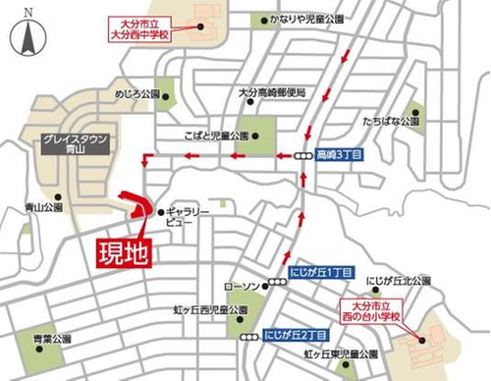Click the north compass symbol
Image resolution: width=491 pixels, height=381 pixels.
(x=26, y=37)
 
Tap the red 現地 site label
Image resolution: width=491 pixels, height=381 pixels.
(x=125, y=251)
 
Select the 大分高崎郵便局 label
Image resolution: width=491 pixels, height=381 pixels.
(x=272, y=92)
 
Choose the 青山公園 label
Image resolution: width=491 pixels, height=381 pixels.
(x=43, y=208)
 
